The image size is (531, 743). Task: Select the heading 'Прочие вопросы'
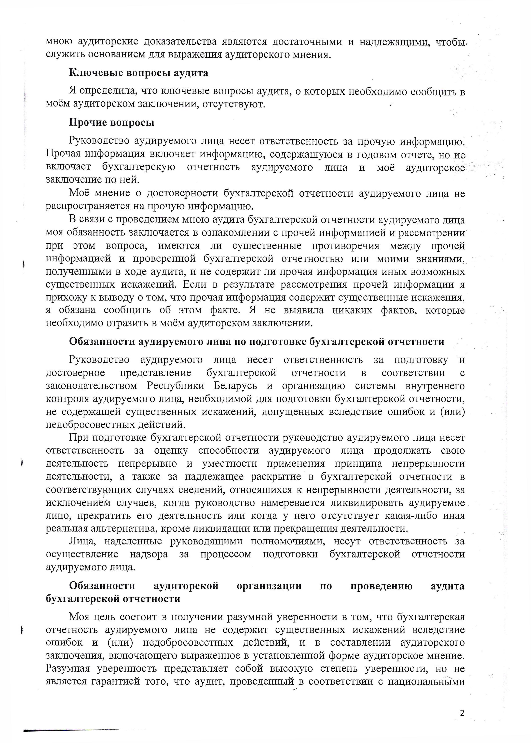(111, 123)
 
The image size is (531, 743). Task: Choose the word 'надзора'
(149, 554)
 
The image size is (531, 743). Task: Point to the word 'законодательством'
(91, 386)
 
